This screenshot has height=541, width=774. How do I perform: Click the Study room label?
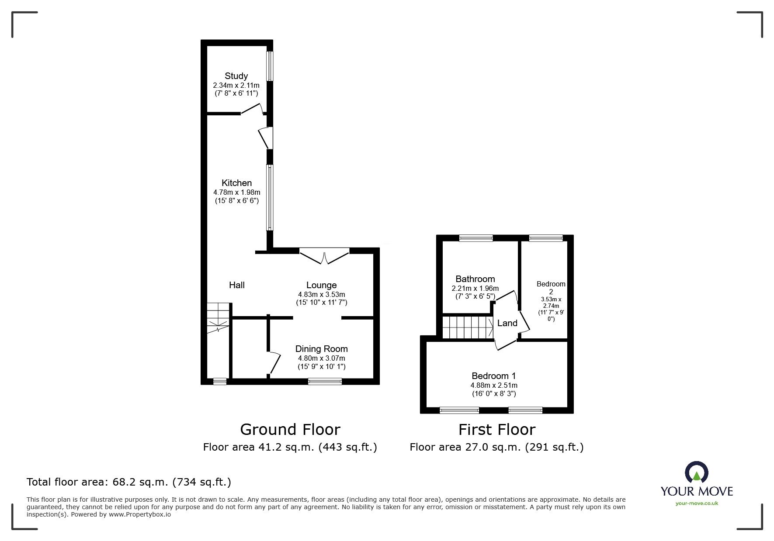click(x=236, y=76)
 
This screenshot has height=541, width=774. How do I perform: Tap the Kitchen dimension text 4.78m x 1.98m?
click(x=236, y=192)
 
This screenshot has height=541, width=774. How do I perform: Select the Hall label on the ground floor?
click(x=237, y=285)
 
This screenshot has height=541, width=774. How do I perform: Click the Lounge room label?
click(x=321, y=285)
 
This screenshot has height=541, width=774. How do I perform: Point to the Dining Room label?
click(x=321, y=349)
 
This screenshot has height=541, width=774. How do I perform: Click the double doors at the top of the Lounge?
click(x=324, y=256)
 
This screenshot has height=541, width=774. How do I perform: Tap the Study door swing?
click(x=252, y=108)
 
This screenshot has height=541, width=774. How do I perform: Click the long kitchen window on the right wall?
click(x=270, y=197)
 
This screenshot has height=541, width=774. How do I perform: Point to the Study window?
click(x=270, y=66)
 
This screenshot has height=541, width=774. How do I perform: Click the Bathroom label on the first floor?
click(x=475, y=279)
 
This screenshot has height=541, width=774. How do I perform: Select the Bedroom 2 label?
click(x=551, y=288)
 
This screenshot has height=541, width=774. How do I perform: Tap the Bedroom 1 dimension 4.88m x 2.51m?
click(x=494, y=385)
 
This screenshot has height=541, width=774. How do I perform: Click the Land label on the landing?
click(x=507, y=323)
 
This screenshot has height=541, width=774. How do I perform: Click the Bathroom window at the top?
click(x=476, y=238)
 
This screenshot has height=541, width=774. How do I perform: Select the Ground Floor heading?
click(x=290, y=430)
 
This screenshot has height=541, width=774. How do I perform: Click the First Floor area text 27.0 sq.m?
click(x=496, y=447)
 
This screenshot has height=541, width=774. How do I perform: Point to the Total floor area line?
click(x=129, y=482)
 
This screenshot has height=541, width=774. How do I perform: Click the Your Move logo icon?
click(x=696, y=472)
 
